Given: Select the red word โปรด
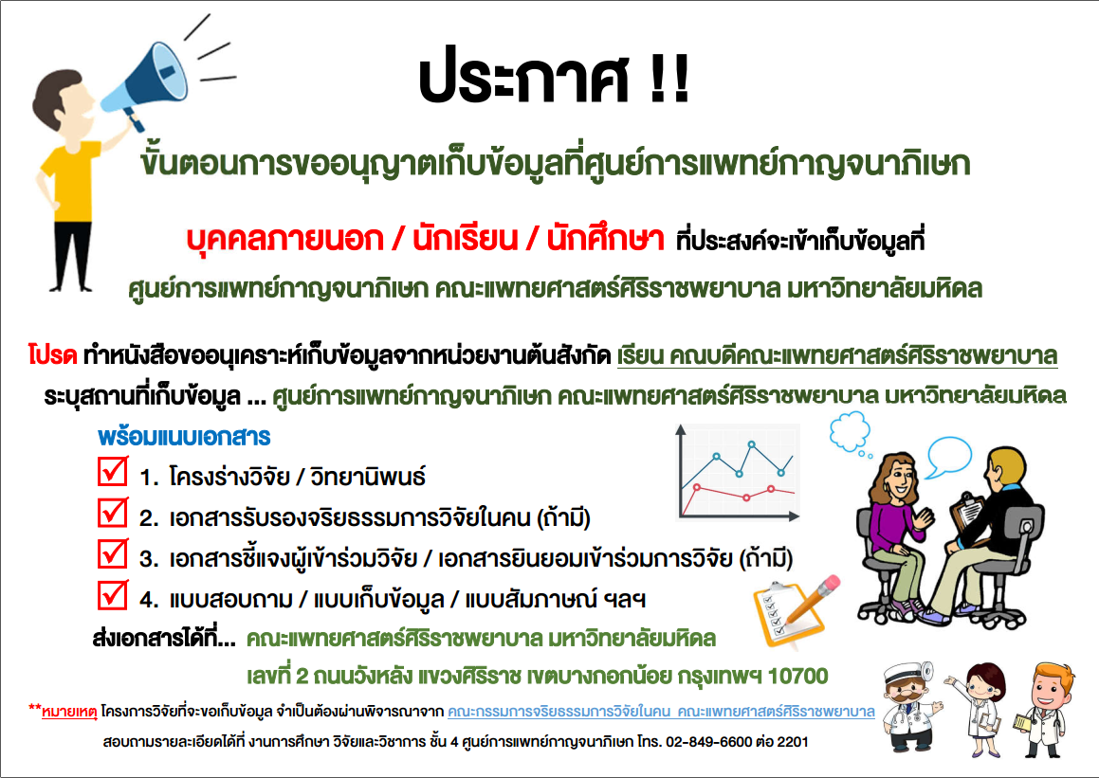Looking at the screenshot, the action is click(52, 354).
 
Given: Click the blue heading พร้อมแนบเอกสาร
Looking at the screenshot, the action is click(184, 437).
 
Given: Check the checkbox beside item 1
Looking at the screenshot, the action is click(113, 471).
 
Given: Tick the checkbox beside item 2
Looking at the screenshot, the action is click(113, 512).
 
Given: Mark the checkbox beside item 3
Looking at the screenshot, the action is click(113, 553).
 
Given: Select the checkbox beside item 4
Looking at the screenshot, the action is click(113, 594).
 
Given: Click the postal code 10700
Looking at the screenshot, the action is click(797, 677).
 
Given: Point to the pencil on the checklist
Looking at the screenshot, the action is click(813, 600).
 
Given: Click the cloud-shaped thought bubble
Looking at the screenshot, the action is click(851, 433).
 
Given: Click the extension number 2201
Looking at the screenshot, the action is click(792, 742).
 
